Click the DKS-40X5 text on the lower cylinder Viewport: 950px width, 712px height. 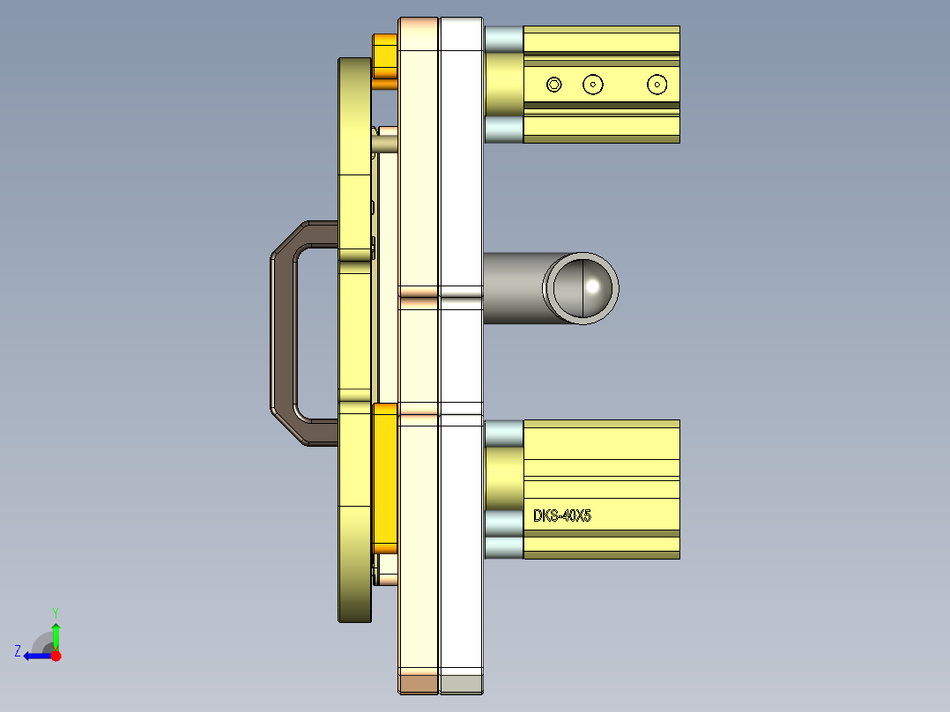tap(562, 515)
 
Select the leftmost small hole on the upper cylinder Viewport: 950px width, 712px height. tap(553, 85)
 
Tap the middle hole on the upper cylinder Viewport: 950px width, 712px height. tap(593, 85)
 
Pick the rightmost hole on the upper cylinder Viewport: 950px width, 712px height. tap(656, 85)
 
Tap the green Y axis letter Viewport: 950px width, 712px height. tap(55, 612)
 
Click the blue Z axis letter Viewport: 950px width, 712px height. tap(18, 650)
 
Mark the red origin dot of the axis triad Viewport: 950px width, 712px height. tap(56, 656)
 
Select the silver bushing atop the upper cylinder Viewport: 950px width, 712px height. tap(503, 38)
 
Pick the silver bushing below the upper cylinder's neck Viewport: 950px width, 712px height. tap(503, 130)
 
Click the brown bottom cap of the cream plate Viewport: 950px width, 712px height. tap(419, 683)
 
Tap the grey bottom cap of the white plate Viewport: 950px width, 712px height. tap(461, 683)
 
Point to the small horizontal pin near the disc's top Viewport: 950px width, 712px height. tap(386, 140)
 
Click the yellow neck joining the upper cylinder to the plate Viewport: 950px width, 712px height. tap(503, 84)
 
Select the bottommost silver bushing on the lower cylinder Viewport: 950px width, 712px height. tap(503, 547)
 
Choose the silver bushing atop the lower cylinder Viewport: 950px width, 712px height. tap(503, 433)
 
